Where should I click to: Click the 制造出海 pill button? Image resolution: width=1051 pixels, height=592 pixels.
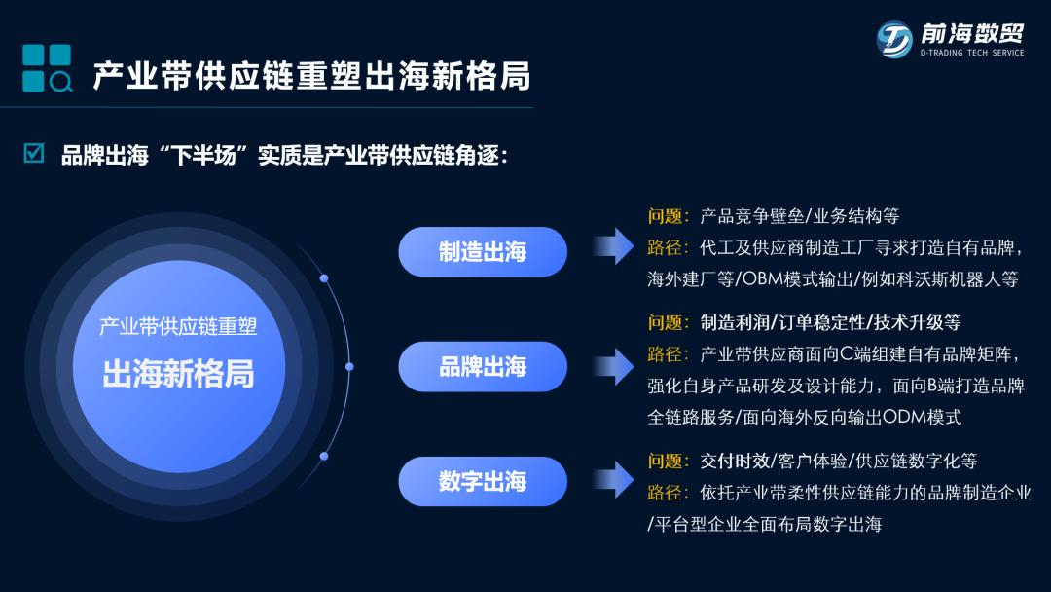(x=482, y=252)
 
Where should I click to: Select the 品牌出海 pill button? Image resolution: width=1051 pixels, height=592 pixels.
(x=482, y=366)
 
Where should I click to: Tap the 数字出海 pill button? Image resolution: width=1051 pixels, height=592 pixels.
(x=482, y=481)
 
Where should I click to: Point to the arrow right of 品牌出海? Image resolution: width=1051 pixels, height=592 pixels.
(x=612, y=366)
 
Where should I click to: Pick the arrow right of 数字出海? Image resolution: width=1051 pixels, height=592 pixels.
(x=612, y=479)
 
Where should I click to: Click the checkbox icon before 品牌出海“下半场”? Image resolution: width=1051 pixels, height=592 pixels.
(x=34, y=154)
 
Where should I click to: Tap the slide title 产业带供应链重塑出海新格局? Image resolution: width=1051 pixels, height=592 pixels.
(x=311, y=76)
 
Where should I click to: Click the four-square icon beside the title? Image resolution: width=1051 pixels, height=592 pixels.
(x=47, y=68)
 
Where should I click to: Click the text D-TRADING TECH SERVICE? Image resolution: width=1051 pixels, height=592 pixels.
(x=972, y=54)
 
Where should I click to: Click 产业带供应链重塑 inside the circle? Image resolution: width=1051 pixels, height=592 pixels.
(x=178, y=326)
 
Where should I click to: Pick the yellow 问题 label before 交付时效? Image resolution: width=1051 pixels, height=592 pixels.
(x=668, y=461)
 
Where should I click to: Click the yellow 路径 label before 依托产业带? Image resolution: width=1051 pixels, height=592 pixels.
(x=668, y=493)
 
